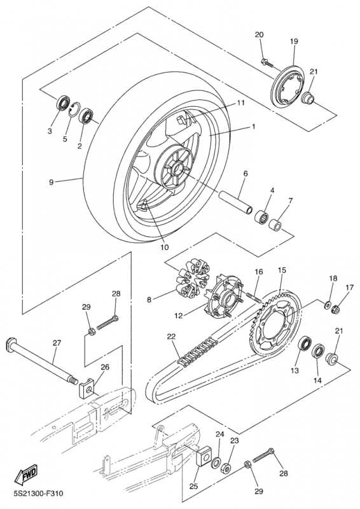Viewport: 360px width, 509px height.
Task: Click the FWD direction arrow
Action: tap(26, 473)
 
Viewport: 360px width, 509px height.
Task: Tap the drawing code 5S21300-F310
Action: tap(38, 494)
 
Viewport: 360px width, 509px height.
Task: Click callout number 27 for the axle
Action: tap(57, 343)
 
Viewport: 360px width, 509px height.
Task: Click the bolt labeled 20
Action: tap(267, 62)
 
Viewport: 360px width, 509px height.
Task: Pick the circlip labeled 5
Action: tap(74, 109)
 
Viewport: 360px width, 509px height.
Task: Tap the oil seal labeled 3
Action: tap(64, 103)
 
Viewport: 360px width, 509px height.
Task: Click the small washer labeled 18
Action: tap(328, 305)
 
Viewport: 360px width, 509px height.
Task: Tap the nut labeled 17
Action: tap(336, 309)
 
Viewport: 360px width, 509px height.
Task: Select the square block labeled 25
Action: tap(204, 458)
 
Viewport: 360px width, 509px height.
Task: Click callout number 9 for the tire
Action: tap(52, 183)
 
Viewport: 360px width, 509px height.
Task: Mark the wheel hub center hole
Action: tap(178, 169)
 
